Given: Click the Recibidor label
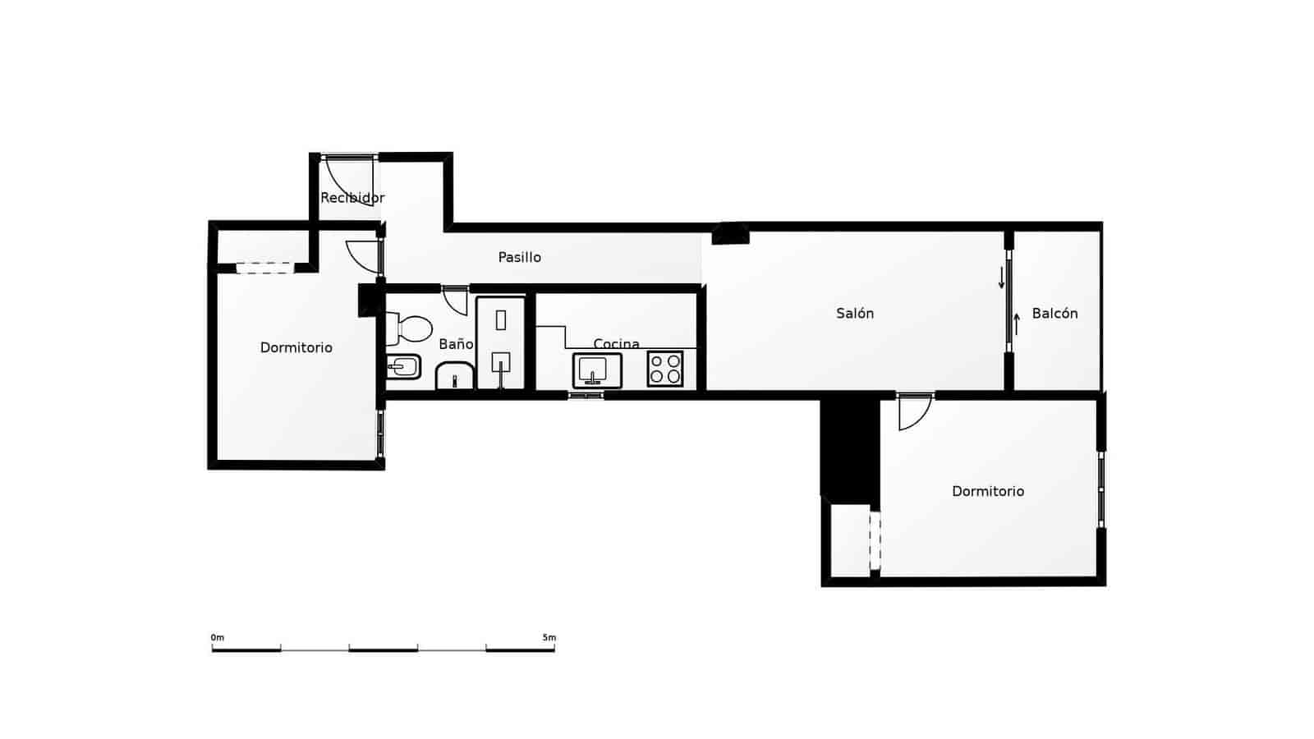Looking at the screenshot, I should pyautogui.click(x=351, y=198).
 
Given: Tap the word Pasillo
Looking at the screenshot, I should pyautogui.click(x=520, y=257).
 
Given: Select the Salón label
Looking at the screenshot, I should pyautogui.click(x=855, y=313).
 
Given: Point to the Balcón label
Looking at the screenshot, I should pyautogui.click(x=1054, y=313).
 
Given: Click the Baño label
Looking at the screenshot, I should pyautogui.click(x=456, y=344).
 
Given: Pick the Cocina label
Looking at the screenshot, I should pyautogui.click(x=616, y=343).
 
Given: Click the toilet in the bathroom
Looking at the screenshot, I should pyautogui.click(x=411, y=328).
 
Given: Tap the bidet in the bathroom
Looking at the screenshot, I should pyautogui.click(x=404, y=366).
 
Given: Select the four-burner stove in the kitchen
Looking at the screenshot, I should pyautogui.click(x=665, y=369).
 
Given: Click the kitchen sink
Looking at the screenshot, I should pyautogui.click(x=597, y=370).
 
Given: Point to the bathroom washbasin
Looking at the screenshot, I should pyautogui.click(x=454, y=376).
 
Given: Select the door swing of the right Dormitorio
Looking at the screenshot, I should pyautogui.click(x=913, y=412).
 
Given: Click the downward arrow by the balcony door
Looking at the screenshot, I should pyautogui.click(x=1001, y=278).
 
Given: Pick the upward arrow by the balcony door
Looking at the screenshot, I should pyautogui.click(x=1017, y=324).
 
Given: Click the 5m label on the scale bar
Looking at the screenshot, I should pyautogui.click(x=549, y=637).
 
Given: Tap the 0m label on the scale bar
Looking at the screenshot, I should pyautogui.click(x=217, y=637).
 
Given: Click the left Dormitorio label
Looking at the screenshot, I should pyautogui.click(x=296, y=347).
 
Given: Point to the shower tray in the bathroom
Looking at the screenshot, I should pyautogui.click(x=500, y=342).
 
